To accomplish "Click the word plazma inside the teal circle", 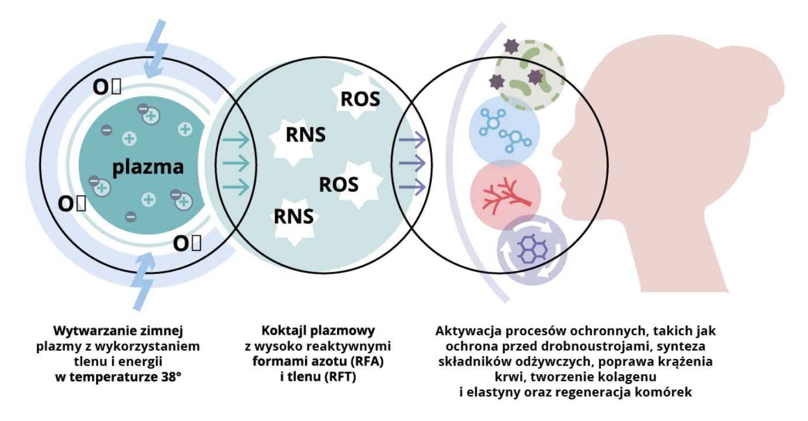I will [x=148, y=167].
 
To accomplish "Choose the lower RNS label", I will [x=294, y=216].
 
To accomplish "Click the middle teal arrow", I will [x=235, y=163].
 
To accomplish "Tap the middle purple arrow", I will [x=412, y=163].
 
